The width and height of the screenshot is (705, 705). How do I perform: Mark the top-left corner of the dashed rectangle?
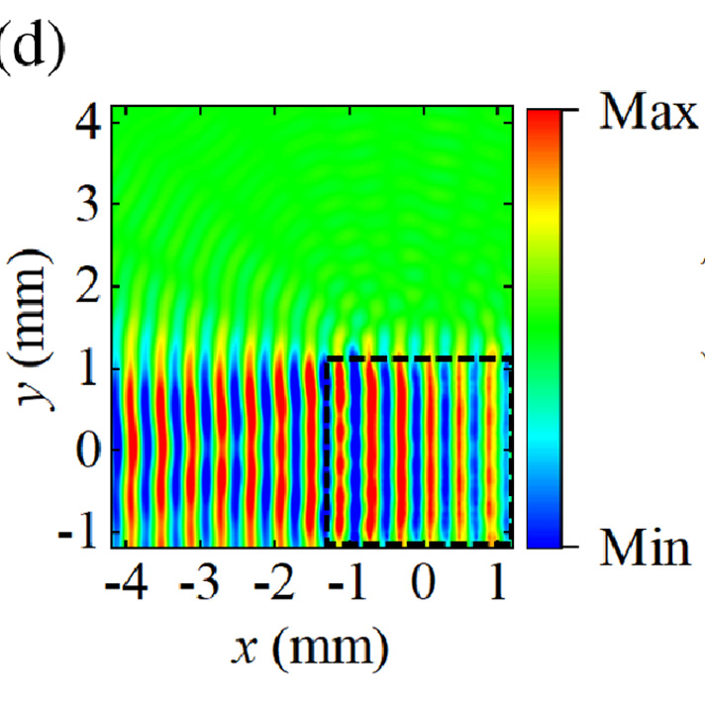325,359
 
